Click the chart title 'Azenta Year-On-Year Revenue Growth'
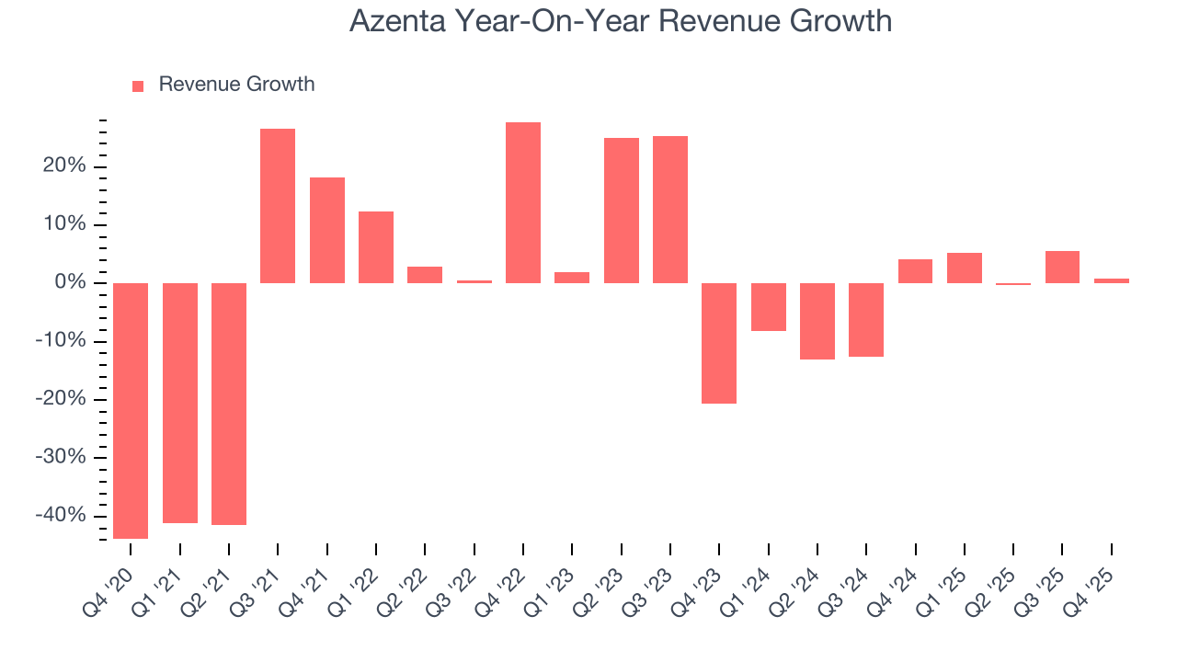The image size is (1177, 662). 621,21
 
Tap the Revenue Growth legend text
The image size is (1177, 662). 236,85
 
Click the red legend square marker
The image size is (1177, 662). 138,86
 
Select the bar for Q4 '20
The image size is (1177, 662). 131,410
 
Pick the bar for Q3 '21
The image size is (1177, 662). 278,206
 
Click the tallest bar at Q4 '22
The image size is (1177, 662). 523,202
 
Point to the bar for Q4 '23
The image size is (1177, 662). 719,343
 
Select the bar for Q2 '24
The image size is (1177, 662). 817,321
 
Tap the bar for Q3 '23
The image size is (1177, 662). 670,210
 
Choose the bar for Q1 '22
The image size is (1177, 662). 376,247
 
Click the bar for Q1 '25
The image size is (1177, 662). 965,268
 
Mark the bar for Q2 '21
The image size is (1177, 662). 229,404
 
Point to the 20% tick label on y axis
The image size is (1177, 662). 63,166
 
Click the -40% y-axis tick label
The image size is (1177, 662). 61,516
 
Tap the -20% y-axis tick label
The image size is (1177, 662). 61,399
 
